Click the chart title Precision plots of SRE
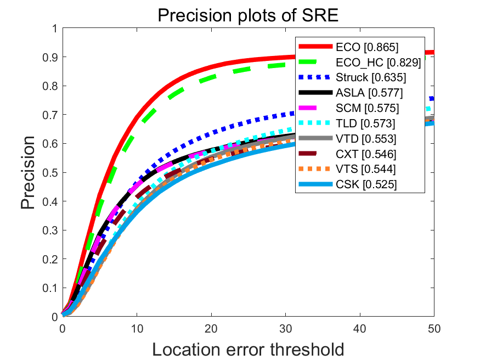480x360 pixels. point(248,15)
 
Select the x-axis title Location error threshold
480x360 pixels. point(248,348)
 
